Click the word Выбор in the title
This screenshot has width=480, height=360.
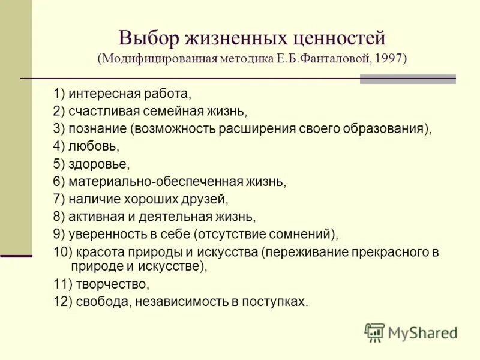pos(149,38)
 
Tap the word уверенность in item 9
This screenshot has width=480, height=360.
pos(103,233)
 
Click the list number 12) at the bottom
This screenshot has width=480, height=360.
pos(62,302)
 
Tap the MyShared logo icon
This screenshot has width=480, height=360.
pos(374,332)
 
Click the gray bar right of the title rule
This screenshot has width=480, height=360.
pos(407,79)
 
